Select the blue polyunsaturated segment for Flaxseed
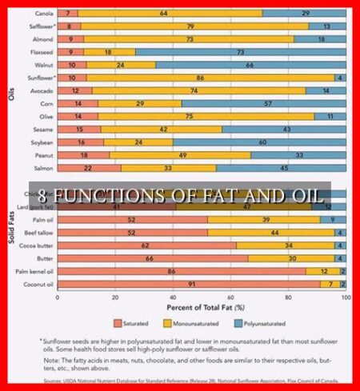pyautogui.click(x=240, y=50)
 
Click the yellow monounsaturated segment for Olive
pyautogui.click(x=200, y=116)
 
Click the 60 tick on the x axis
pyautogui.click(x=230, y=296)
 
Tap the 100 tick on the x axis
pyautogui.click(x=345, y=296)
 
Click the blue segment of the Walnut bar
pyautogui.click(x=250, y=64)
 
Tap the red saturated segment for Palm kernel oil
pyautogui.click(x=180, y=270)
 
